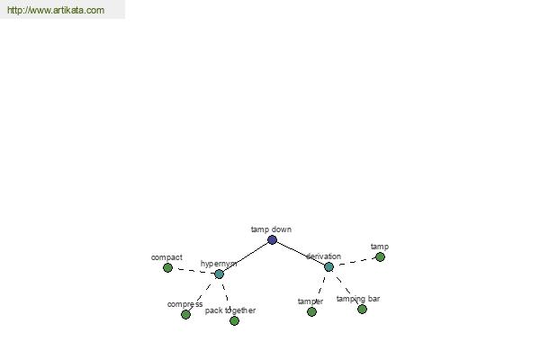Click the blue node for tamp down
tap(272, 239)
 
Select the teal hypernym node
tap(219, 274)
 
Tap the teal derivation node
tap(328, 266)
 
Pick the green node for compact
tap(167, 267)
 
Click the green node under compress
tap(185, 314)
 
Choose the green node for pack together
tap(235, 320)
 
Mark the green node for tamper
tap(311, 311)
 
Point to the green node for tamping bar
tap(362, 309)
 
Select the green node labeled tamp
tap(380, 257)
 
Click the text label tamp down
tap(272, 229)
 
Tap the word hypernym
tap(219, 264)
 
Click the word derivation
tap(323, 256)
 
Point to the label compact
tap(166, 257)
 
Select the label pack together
tap(230, 310)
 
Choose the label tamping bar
tap(358, 299)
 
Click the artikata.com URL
tap(56, 10)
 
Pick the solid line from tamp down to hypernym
tap(246, 257)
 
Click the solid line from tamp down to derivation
tap(301, 253)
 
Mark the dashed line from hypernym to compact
tap(193, 271)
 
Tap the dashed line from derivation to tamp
tap(355, 262)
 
